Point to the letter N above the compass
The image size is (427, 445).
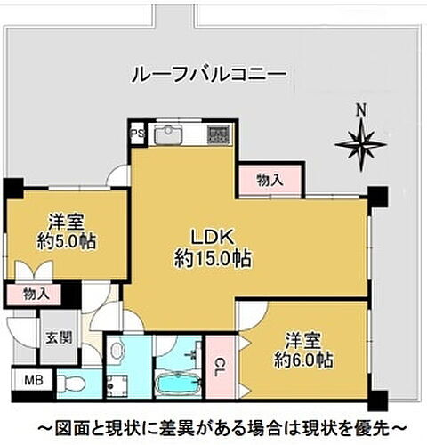point(360,111)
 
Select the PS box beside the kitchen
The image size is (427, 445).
point(137,135)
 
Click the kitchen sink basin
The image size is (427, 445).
point(167,136)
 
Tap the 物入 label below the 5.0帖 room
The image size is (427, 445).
point(36,293)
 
